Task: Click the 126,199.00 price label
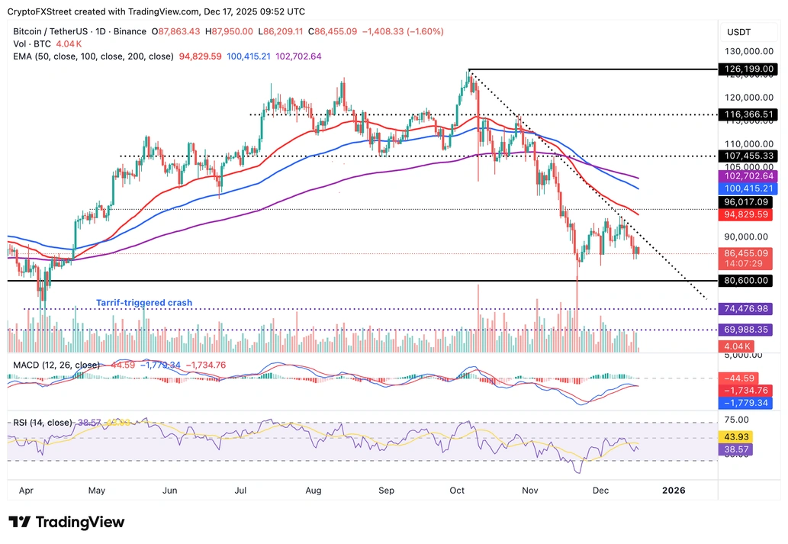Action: click(747, 69)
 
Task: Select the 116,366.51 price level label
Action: click(747, 114)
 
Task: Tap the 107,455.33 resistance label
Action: click(747, 156)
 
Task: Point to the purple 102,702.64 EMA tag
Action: click(747, 176)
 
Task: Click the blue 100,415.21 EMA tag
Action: click(747, 188)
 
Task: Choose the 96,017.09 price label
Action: click(747, 202)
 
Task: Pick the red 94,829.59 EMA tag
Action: click(747, 214)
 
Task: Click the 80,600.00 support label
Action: click(747, 281)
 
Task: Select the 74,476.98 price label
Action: click(747, 309)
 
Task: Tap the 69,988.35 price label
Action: click(747, 330)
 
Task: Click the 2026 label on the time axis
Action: click(674, 490)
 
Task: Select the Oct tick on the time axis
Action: click(457, 490)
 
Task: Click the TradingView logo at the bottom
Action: click(66, 523)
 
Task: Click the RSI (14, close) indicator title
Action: click(43, 423)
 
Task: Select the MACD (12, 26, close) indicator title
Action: click(56, 365)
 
